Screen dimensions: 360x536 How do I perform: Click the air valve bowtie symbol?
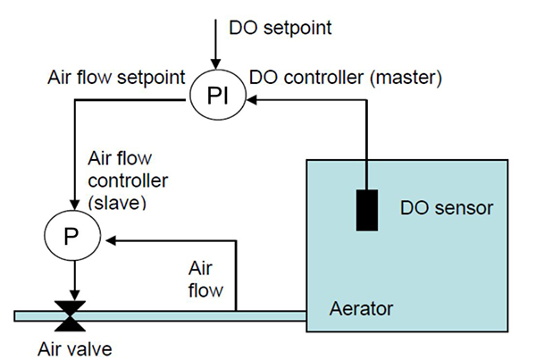69,312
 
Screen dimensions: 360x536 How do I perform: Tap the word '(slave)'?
117,203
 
